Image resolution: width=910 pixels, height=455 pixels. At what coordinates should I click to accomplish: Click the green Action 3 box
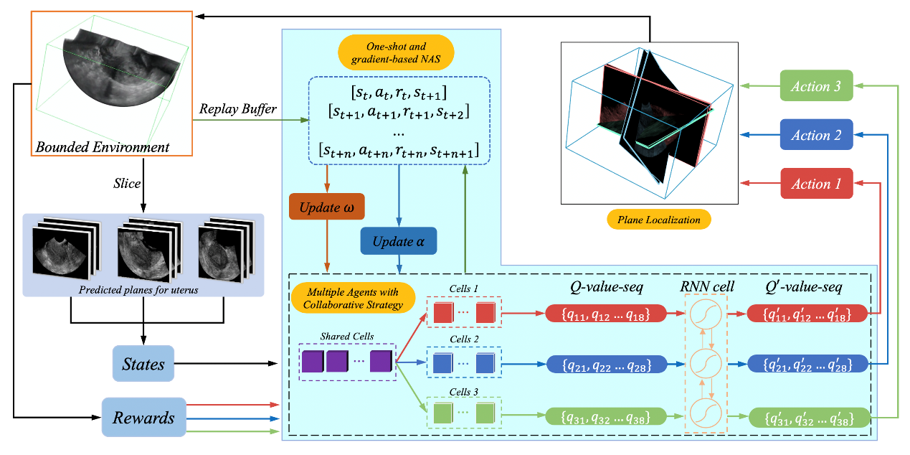816,86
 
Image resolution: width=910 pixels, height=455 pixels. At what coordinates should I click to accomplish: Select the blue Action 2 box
816,135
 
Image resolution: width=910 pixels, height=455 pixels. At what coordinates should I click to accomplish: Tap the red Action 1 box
816,184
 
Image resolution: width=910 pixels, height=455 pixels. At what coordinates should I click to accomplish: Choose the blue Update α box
398,241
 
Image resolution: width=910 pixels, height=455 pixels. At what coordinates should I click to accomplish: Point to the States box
143,364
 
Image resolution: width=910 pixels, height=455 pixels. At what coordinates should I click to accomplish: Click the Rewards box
143,417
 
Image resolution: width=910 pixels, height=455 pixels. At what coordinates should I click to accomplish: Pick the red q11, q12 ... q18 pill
606,312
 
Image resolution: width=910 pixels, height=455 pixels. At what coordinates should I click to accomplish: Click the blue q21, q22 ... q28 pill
606,364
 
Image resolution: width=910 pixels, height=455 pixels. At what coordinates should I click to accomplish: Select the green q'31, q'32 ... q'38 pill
809,416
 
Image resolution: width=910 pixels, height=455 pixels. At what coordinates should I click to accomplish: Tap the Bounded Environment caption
103,147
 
